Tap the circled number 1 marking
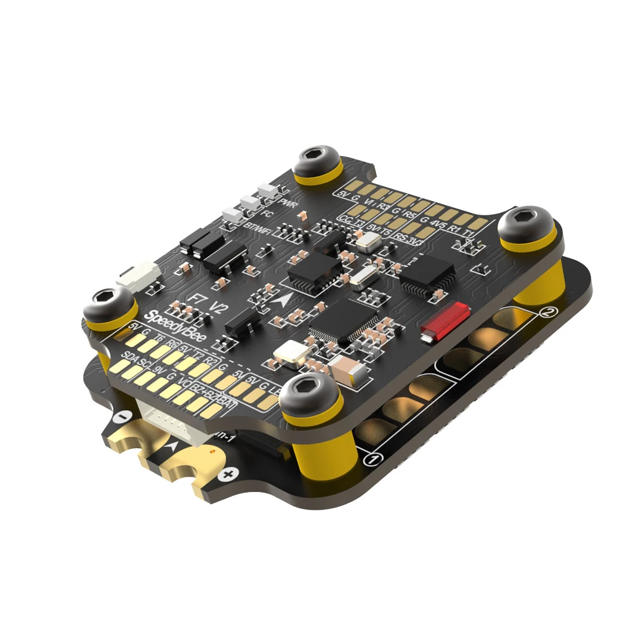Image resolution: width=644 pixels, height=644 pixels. coord(370,459)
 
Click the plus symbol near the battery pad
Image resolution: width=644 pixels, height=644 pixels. coord(226,475)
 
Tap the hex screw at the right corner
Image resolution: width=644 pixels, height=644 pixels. coord(527,220)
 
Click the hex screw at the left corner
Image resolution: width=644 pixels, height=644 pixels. coord(105,301)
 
